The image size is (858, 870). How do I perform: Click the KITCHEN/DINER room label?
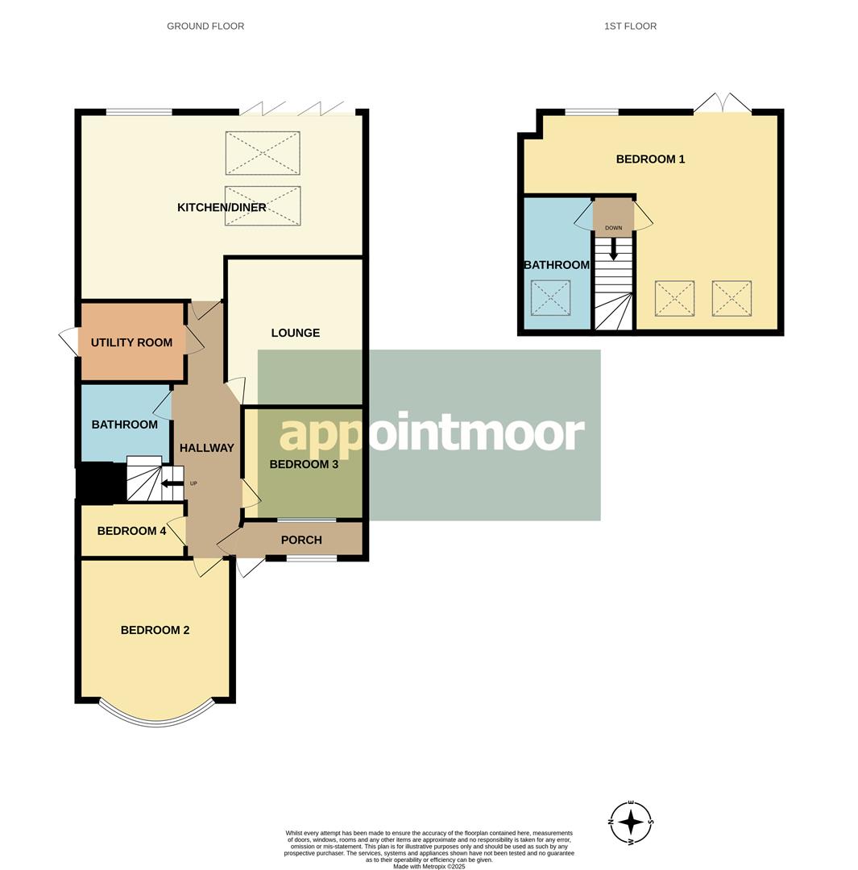click(x=222, y=208)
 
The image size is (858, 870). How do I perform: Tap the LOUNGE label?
click(x=295, y=333)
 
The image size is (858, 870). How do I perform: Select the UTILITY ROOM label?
click(x=131, y=342)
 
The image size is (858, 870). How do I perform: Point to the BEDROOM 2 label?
click(x=155, y=630)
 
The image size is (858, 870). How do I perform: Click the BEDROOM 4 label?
click(x=131, y=531)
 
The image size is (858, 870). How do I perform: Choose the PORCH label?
click(x=301, y=540)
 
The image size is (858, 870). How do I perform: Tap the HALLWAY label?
click(x=206, y=448)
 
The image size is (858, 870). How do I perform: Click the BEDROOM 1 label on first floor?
click(x=650, y=159)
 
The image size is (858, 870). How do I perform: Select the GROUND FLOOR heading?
click(x=205, y=27)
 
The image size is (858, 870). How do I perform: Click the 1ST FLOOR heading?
click(x=630, y=27)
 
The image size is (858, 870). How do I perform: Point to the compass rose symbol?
click(x=631, y=822)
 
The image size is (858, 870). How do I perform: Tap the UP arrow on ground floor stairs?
click(x=171, y=484)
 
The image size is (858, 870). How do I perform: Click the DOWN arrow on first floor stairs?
click(x=613, y=249)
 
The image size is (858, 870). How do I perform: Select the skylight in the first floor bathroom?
click(x=550, y=298)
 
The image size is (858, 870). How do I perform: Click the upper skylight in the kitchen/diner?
click(x=263, y=152)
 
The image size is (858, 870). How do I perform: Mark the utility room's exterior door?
click(x=68, y=342)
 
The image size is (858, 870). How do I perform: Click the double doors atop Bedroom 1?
click(x=723, y=105)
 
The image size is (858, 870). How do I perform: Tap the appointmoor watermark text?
click(x=430, y=434)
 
